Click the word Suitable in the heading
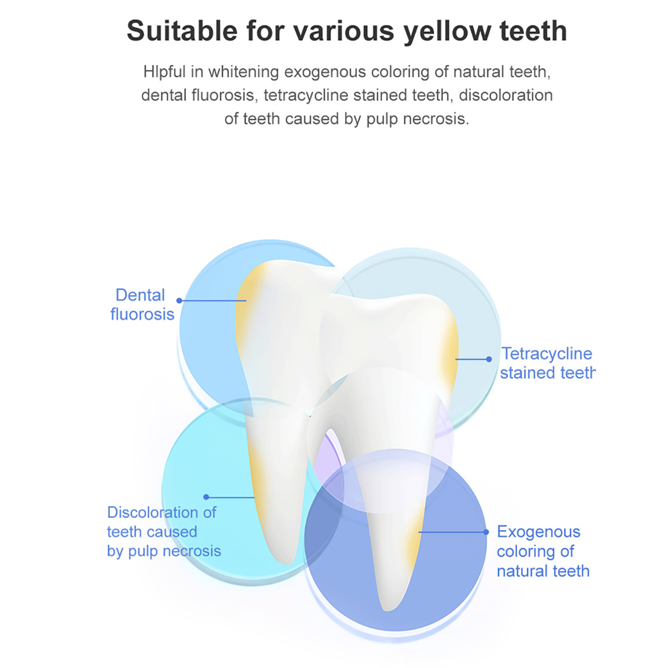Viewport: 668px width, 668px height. (x=182, y=30)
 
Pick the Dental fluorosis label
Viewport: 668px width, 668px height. (x=142, y=305)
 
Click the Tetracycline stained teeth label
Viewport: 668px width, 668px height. (x=547, y=363)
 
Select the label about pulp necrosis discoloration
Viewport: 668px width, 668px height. (x=164, y=532)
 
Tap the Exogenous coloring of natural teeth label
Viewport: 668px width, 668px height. (x=543, y=551)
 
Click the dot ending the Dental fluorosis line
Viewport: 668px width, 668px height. (x=179, y=300)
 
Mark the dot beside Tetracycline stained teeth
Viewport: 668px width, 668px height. (x=489, y=359)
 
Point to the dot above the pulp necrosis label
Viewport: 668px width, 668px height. (x=206, y=497)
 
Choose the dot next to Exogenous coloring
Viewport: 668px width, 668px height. (x=486, y=532)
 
